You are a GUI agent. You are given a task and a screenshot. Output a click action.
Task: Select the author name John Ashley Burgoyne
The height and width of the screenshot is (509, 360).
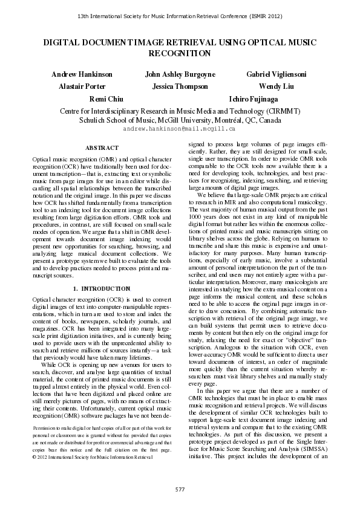coord(180,74)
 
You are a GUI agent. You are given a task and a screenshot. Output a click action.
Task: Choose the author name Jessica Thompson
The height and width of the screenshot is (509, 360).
coord(180,86)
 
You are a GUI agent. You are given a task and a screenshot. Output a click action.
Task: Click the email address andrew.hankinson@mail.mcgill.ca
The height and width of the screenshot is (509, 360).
coord(180,129)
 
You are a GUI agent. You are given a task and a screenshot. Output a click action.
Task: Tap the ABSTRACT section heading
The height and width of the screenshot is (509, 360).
coord(98,148)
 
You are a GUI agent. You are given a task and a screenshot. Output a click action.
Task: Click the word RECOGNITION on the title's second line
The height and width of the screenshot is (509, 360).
coord(180,54)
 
